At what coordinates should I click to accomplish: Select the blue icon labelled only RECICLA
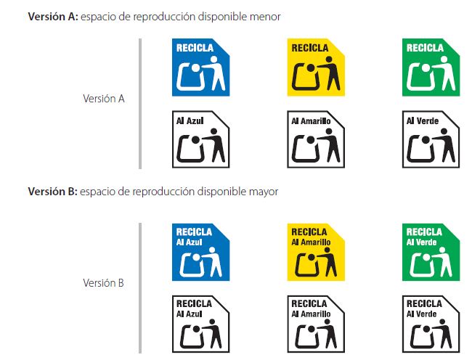pos(201,67)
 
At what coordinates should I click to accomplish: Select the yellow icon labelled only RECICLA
pos(316,67)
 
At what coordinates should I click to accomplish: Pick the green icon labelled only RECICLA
pos(431,67)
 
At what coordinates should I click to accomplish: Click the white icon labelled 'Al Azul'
pos(201,139)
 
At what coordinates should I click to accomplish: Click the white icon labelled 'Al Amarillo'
pos(316,139)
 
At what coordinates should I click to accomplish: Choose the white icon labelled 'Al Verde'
pos(431,139)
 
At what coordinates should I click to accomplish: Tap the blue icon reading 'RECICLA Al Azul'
pos(201,252)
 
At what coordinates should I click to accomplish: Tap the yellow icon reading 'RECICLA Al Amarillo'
pos(316,252)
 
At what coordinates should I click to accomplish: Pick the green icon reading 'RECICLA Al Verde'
pos(431,252)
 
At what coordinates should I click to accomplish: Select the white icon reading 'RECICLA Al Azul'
pos(201,322)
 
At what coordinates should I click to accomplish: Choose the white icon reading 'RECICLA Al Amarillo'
pos(316,322)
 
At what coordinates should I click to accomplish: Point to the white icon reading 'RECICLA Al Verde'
pos(431,322)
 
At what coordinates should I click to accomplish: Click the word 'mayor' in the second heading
pos(263,192)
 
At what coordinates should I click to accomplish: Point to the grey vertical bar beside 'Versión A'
pos(140,103)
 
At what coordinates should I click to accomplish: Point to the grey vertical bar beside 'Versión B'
pos(140,287)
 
